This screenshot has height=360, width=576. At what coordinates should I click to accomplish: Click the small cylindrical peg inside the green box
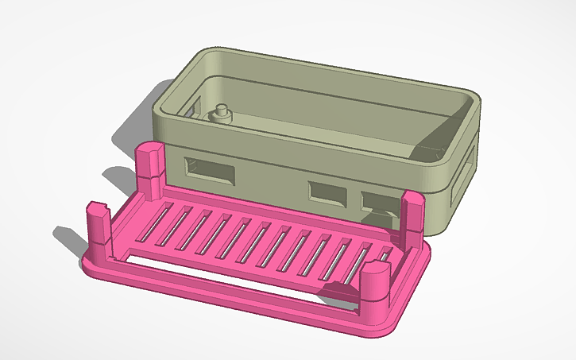(222, 113)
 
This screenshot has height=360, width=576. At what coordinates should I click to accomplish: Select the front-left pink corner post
(97, 223)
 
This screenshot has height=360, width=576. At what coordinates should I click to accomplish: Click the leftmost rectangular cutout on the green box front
(210, 170)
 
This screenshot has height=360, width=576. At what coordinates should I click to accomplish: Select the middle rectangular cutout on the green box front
(327, 192)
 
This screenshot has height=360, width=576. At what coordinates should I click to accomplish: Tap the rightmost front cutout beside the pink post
(378, 200)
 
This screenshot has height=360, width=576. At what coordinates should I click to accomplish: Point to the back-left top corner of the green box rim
(208, 53)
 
